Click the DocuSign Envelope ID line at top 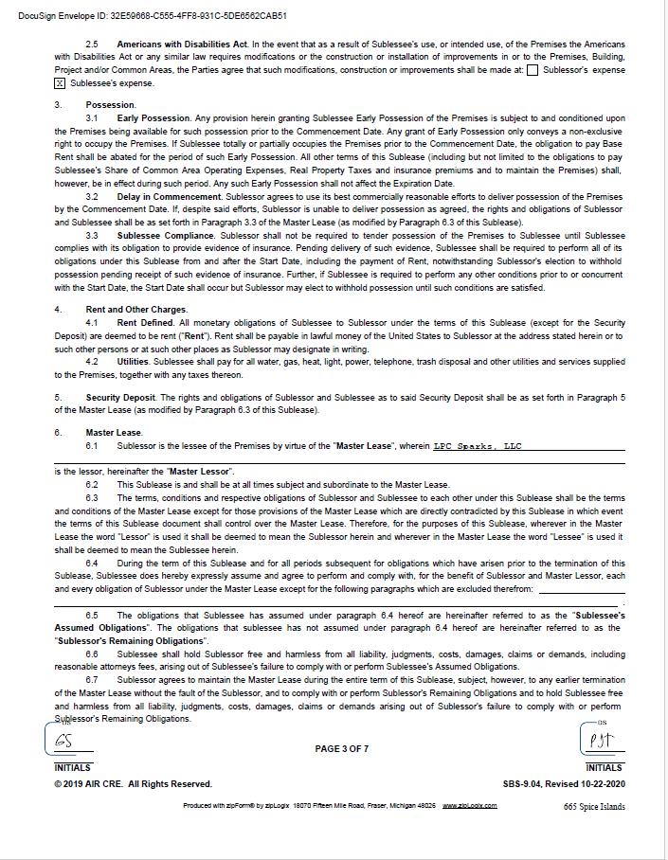(153, 15)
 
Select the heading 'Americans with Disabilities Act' (182, 45)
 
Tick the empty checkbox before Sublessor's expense (533, 69)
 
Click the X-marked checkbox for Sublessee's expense (60, 83)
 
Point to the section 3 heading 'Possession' (111, 105)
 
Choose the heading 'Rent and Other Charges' (136, 310)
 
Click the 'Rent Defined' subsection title (146, 323)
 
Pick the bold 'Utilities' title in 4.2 (134, 362)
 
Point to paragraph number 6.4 (92, 564)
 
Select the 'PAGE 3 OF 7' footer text (342, 749)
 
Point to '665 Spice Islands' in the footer (594, 807)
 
